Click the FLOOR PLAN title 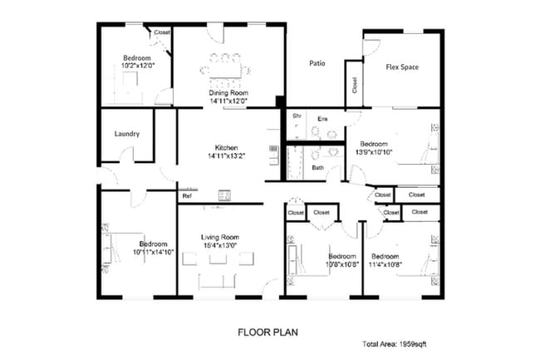[x=267, y=332]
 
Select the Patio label [x=317, y=63]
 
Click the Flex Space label [x=402, y=67]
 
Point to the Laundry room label [x=126, y=134]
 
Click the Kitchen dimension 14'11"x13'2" [x=228, y=155]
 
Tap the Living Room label [x=220, y=237]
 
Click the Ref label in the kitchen [x=187, y=196]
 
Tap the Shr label [x=296, y=116]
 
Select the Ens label [x=322, y=119]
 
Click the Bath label [x=317, y=167]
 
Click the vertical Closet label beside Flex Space [x=355, y=85]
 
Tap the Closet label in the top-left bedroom [x=161, y=32]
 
